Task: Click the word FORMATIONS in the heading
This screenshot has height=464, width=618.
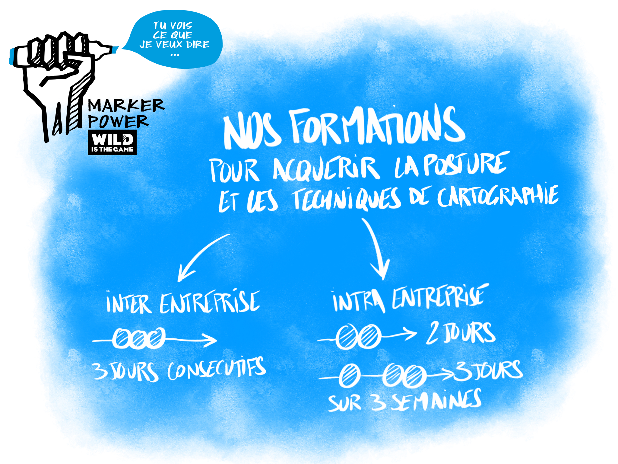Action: pos(377,127)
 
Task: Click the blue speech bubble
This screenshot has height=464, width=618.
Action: pos(175,39)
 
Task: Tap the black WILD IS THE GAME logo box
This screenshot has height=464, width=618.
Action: pos(112,142)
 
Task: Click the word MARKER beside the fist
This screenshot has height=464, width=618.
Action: pos(126,106)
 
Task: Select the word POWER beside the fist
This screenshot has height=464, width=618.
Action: pos(118,121)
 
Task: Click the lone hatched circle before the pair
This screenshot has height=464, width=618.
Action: pos(349,376)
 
